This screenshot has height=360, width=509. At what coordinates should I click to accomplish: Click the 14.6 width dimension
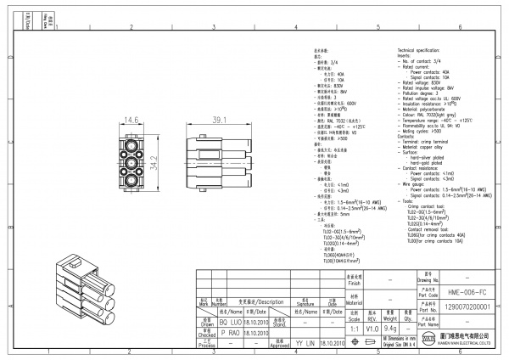[131, 120]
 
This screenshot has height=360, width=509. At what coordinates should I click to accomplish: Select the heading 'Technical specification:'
[421, 52]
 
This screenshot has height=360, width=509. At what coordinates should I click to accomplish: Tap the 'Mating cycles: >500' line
[421, 130]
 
